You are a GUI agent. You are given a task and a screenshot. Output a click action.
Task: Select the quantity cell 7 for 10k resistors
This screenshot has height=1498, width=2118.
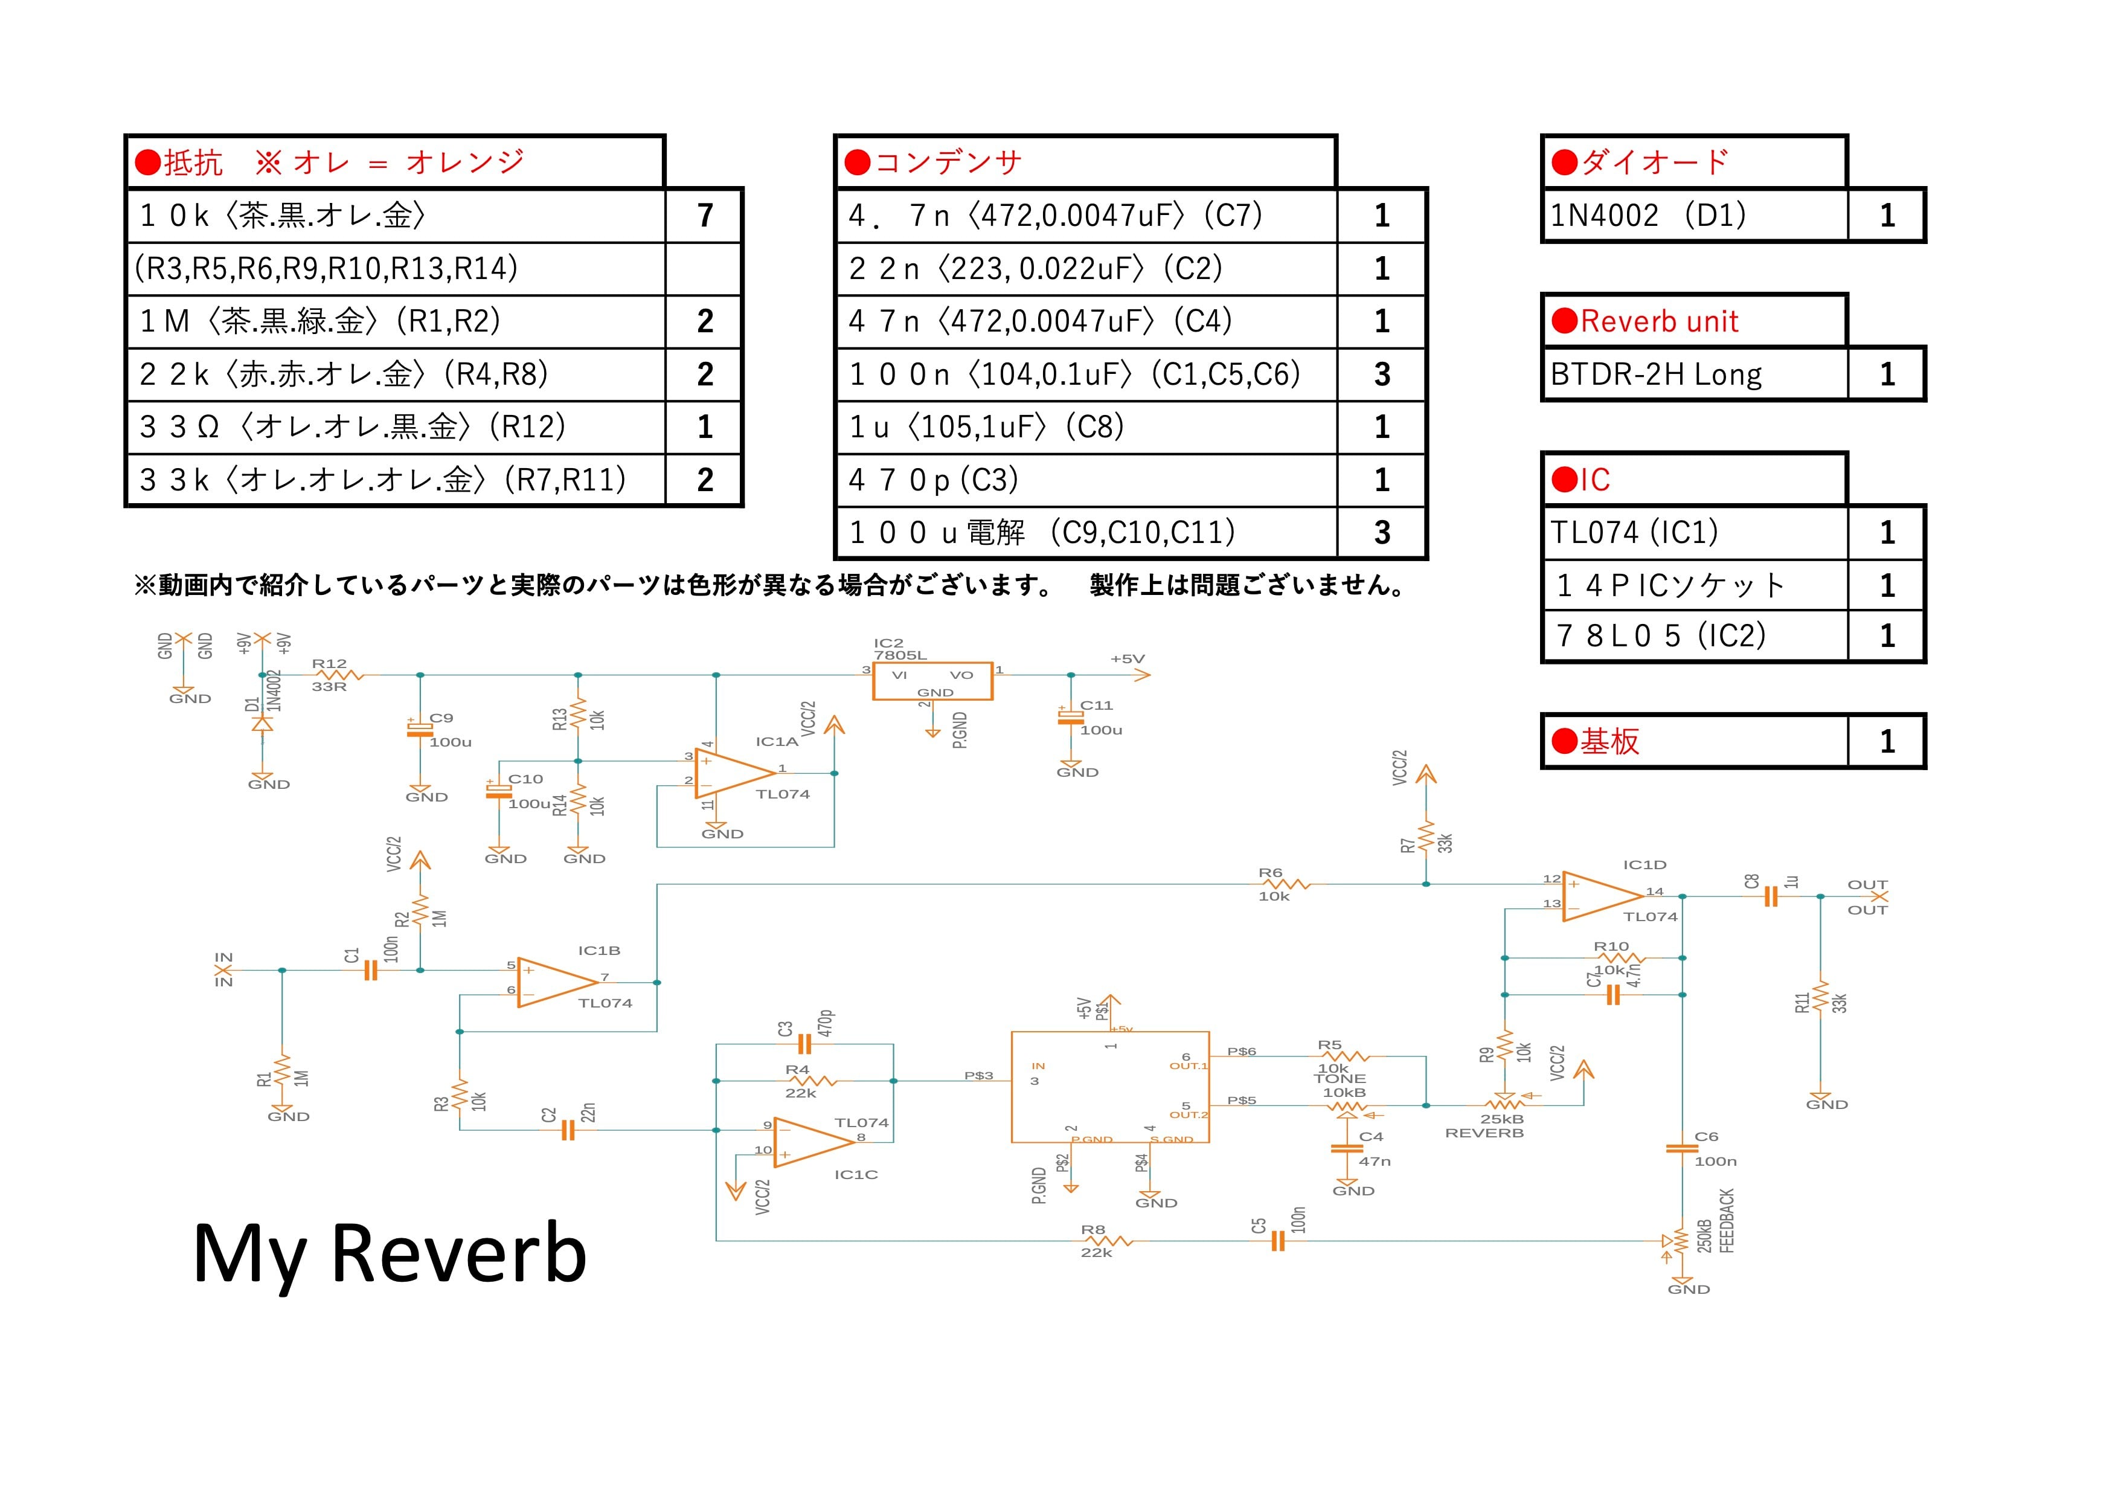click(705, 216)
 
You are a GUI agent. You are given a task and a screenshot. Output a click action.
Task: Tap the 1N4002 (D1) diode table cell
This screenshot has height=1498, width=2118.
click(1695, 216)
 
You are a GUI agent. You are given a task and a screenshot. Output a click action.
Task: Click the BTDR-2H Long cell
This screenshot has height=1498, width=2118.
click(1695, 374)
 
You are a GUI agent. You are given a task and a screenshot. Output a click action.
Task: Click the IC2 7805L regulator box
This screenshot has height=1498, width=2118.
click(932, 681)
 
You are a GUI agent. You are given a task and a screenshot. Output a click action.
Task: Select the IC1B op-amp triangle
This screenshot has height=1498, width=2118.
click(558, 982)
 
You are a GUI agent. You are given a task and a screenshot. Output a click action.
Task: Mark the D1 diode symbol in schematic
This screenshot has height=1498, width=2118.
click(262, 723)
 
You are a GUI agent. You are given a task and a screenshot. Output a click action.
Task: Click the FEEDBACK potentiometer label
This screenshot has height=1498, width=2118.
click(1727, 1221)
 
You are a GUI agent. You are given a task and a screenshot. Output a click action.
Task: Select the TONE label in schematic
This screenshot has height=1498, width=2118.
click(1340, 1078)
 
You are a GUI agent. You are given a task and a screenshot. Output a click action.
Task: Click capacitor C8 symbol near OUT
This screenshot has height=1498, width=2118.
click(1770, 896)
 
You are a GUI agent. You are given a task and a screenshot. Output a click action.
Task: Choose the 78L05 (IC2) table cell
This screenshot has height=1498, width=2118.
click(1695, 635)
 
